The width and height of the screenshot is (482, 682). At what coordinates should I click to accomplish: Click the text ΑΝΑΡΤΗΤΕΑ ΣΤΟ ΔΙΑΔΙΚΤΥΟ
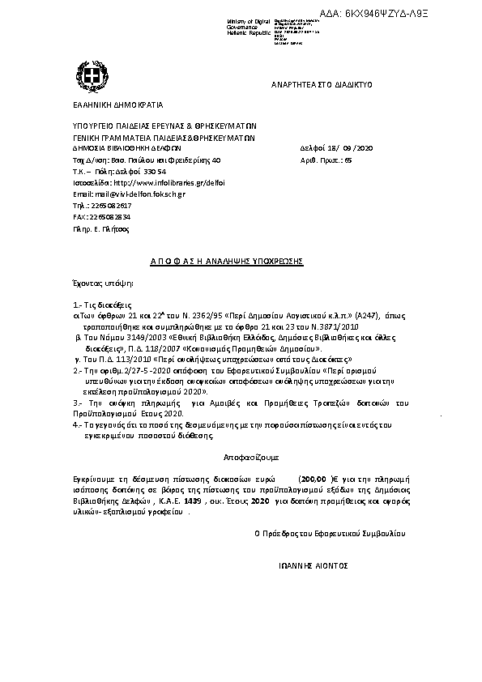point(322,85)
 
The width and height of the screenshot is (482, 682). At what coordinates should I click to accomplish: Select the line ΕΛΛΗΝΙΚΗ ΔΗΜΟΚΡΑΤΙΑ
point(117,104)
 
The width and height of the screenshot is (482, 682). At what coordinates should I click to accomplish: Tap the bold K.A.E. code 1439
point(192,501)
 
